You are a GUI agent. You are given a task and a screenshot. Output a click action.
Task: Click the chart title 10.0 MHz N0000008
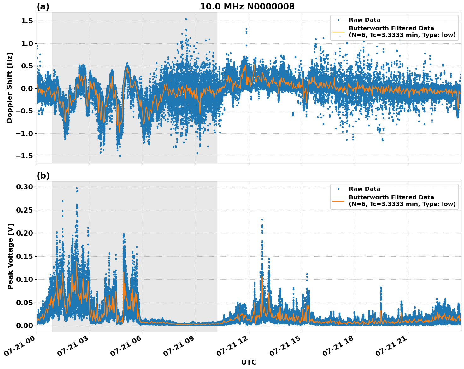[247, 7]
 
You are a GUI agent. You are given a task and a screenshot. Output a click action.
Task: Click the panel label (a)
[43, 7]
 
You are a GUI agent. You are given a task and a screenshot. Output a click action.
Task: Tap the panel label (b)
[43, 176]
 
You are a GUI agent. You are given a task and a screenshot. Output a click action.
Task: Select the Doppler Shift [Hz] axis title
[9, 88]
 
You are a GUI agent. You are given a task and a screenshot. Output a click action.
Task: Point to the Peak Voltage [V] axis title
[10, 256]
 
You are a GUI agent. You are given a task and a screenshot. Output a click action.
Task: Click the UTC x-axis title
[249, 362]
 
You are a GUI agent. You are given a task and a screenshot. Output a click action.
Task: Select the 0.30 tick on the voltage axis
[25, 187]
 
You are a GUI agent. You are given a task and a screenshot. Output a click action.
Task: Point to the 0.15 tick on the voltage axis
[25, 256]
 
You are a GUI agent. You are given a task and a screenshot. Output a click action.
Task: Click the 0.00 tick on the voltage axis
[25, 326]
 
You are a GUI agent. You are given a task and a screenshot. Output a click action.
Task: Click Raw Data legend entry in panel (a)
[364, 20]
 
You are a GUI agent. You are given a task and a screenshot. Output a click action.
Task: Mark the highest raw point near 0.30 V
[77, 188]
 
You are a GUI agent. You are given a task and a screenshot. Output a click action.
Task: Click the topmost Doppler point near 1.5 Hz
[186, 19]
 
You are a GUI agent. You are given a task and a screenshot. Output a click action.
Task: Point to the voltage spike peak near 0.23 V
[262, 219]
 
